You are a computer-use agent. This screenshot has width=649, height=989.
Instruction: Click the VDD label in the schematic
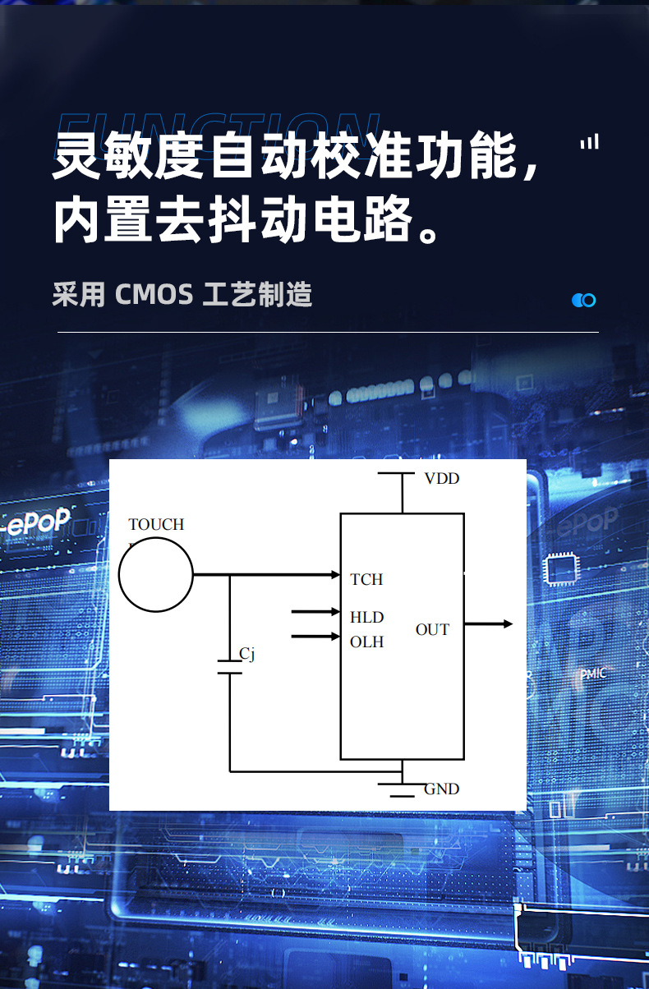[441, 479]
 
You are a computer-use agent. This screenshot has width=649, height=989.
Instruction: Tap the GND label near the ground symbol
[441, 789]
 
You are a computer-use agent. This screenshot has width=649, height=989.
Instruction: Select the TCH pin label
[366, 579]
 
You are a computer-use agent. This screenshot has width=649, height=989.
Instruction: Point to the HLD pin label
[366, 617]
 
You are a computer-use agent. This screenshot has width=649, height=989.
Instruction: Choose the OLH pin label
[366, 642]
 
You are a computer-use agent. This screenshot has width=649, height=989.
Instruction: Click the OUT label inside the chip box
[432, 630]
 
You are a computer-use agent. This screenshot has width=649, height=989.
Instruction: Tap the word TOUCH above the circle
[156, 524]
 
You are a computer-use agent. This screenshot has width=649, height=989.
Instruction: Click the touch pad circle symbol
[156, 575]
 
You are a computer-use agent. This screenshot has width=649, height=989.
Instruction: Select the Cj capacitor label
[247, 654]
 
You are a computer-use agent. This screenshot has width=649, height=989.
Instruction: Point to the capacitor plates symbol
[229, 667]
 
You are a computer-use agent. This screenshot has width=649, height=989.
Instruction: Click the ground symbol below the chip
[402, 789]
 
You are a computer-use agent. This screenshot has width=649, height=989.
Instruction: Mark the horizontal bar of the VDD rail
[396, 473]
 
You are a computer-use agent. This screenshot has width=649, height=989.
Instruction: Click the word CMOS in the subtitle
[154, 294]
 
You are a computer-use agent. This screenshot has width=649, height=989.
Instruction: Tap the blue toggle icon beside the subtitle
[583, 300]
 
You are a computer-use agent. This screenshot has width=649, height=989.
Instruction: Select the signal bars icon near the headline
[589, 142]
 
